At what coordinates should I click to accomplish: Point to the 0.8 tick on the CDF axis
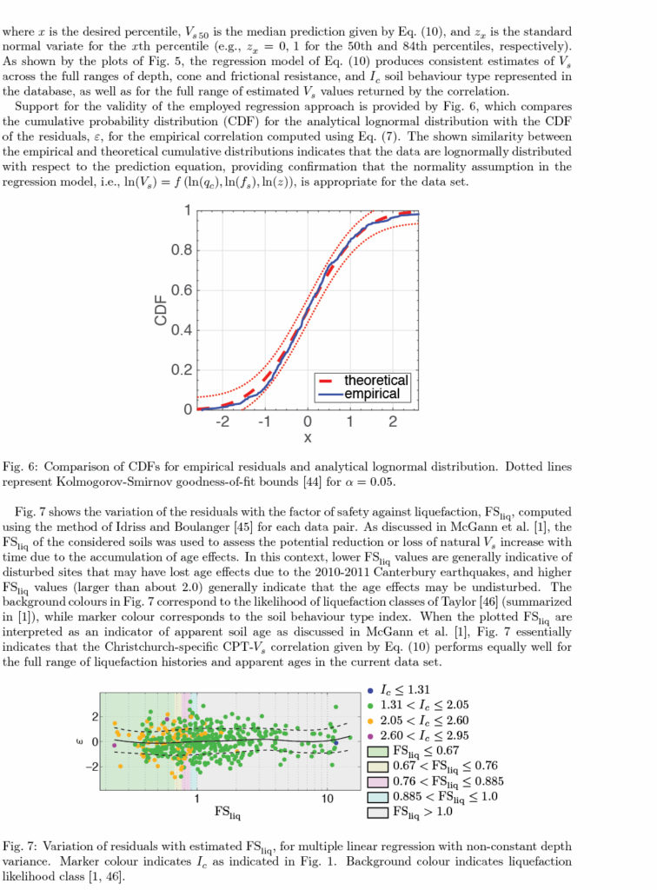(182, 250)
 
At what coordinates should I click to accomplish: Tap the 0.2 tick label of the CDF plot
(182, 369)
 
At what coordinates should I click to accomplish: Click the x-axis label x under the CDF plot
(307, 438)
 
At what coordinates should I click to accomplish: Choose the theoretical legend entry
(375, 380)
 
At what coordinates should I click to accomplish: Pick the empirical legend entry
(373, 394)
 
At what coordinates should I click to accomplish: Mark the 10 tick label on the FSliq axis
(327, 798)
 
